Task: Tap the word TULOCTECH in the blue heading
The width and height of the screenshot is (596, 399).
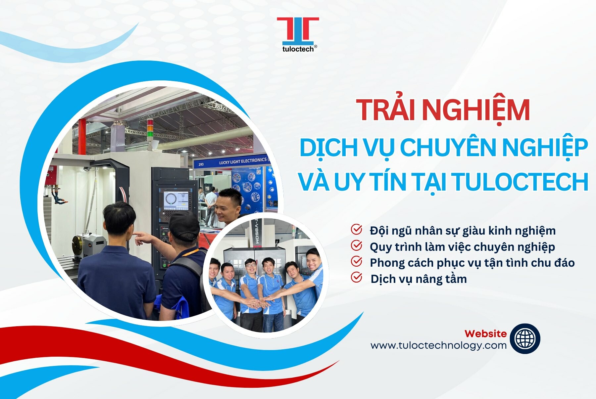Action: (520, 182)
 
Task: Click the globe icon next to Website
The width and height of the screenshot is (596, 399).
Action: (525, 338)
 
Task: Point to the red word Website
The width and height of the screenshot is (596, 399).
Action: (485, 333)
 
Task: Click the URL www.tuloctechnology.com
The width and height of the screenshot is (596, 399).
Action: (438, 345)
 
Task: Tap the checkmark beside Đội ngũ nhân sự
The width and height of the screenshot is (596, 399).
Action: (356, 229)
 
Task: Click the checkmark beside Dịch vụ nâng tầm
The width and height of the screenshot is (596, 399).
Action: (356, 278)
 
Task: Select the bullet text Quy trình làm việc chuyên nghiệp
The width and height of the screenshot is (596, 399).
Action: (462, 247)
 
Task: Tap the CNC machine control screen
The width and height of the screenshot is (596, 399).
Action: (175, 199)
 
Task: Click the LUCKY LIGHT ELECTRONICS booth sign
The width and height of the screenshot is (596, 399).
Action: (243, 161)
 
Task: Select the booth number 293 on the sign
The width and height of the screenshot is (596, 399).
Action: (201, 164)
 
